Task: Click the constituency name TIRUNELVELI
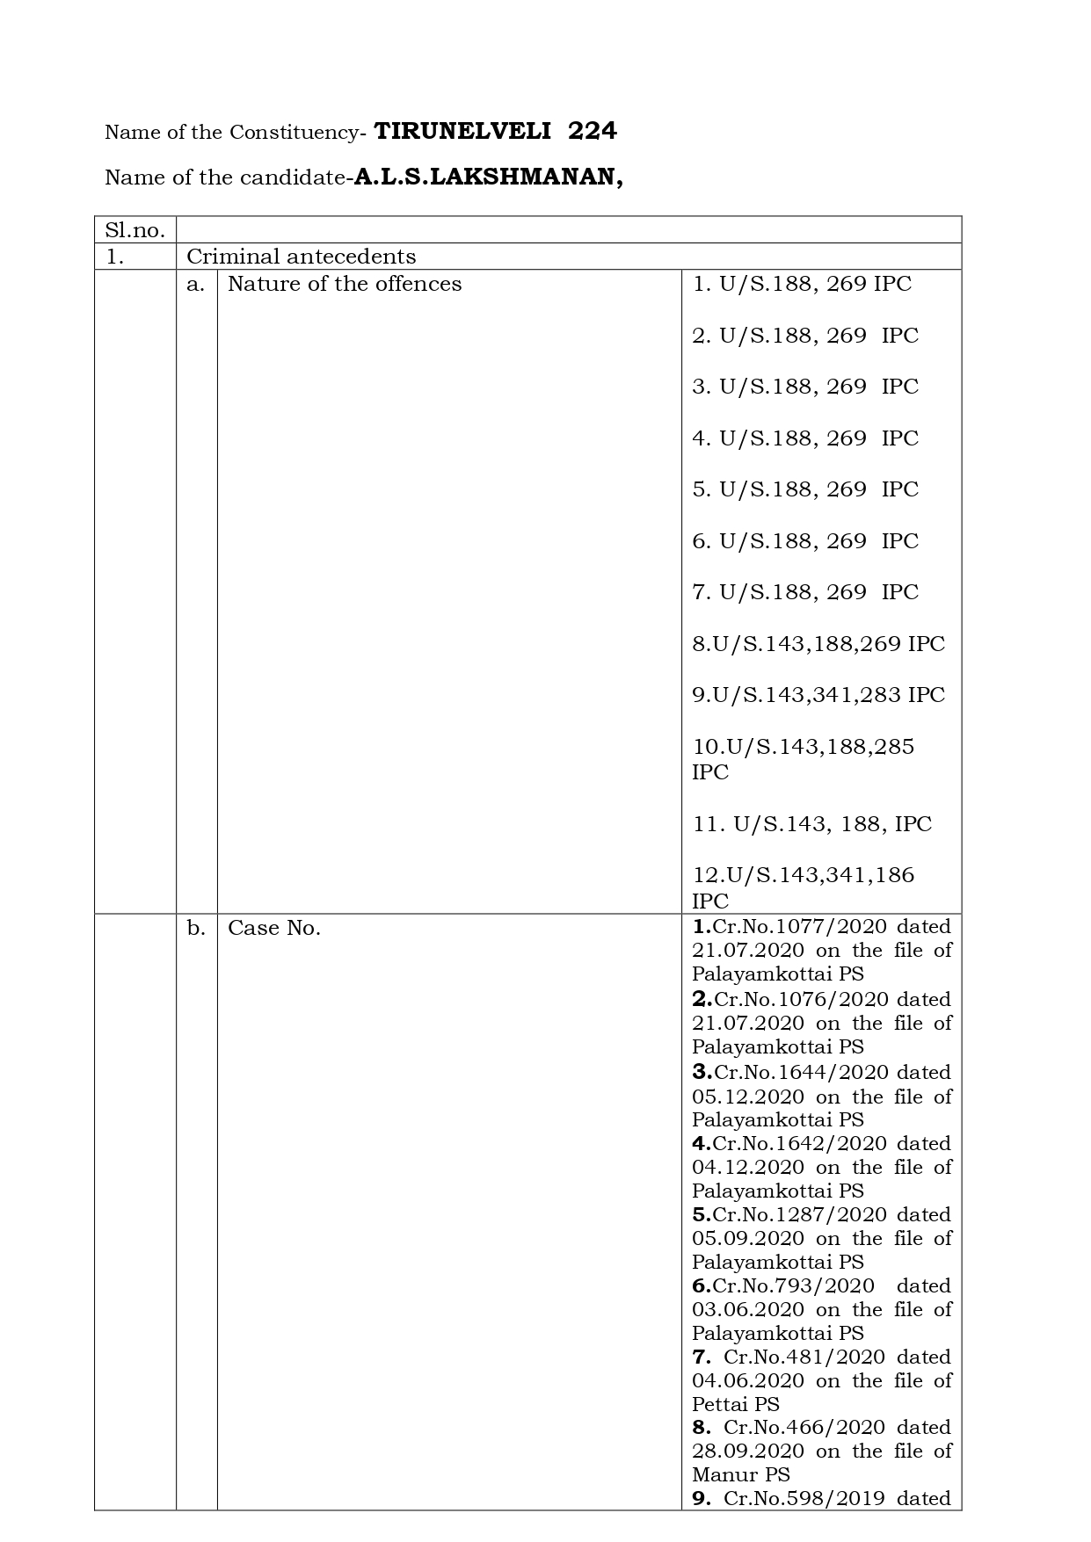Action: point(462,132)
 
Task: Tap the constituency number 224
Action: point(593,132)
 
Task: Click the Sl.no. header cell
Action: point(135,230)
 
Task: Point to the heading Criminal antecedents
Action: point(301,257)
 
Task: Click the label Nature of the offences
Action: point(345,284)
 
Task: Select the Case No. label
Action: point(273,928)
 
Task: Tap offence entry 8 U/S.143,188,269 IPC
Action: point(818,644)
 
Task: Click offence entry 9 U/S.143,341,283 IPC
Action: point(818,695)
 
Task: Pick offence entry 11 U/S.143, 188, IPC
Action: point(811,824)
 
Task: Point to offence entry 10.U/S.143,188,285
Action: point(803,747)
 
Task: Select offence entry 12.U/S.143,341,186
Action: point(803,875)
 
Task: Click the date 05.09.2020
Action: point(747,1239)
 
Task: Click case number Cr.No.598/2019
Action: point(804,1499)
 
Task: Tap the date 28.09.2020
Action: point(747,1452)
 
